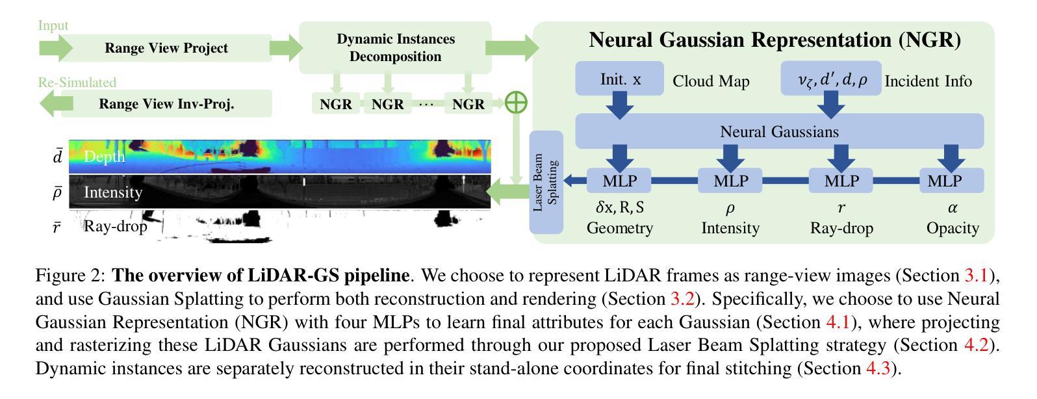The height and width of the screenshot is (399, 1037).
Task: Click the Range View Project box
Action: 166,48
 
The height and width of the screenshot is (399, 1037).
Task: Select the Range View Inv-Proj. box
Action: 166,104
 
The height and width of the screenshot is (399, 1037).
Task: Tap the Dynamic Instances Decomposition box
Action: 395,47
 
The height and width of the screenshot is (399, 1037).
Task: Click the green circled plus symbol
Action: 516,102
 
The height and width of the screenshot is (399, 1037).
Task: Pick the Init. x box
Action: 620,79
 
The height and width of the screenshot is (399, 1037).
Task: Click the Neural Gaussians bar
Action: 779,132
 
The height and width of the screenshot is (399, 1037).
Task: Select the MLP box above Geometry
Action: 620,181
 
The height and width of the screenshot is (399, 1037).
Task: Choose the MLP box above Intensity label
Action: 730,181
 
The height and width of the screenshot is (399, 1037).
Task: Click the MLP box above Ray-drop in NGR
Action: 841,181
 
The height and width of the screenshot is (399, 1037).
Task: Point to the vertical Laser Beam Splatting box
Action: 546,182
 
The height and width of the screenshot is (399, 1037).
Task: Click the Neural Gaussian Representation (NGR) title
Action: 775,40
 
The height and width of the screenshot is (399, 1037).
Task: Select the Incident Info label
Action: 928,81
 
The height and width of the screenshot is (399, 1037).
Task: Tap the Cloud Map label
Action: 711,81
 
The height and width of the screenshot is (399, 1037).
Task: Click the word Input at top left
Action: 53,25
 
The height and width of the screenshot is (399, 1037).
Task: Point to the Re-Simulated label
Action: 77,83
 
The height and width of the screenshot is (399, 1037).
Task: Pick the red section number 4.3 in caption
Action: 878,369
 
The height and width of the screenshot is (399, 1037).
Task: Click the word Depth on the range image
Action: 104,157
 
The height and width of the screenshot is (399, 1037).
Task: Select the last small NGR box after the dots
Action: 468,104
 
